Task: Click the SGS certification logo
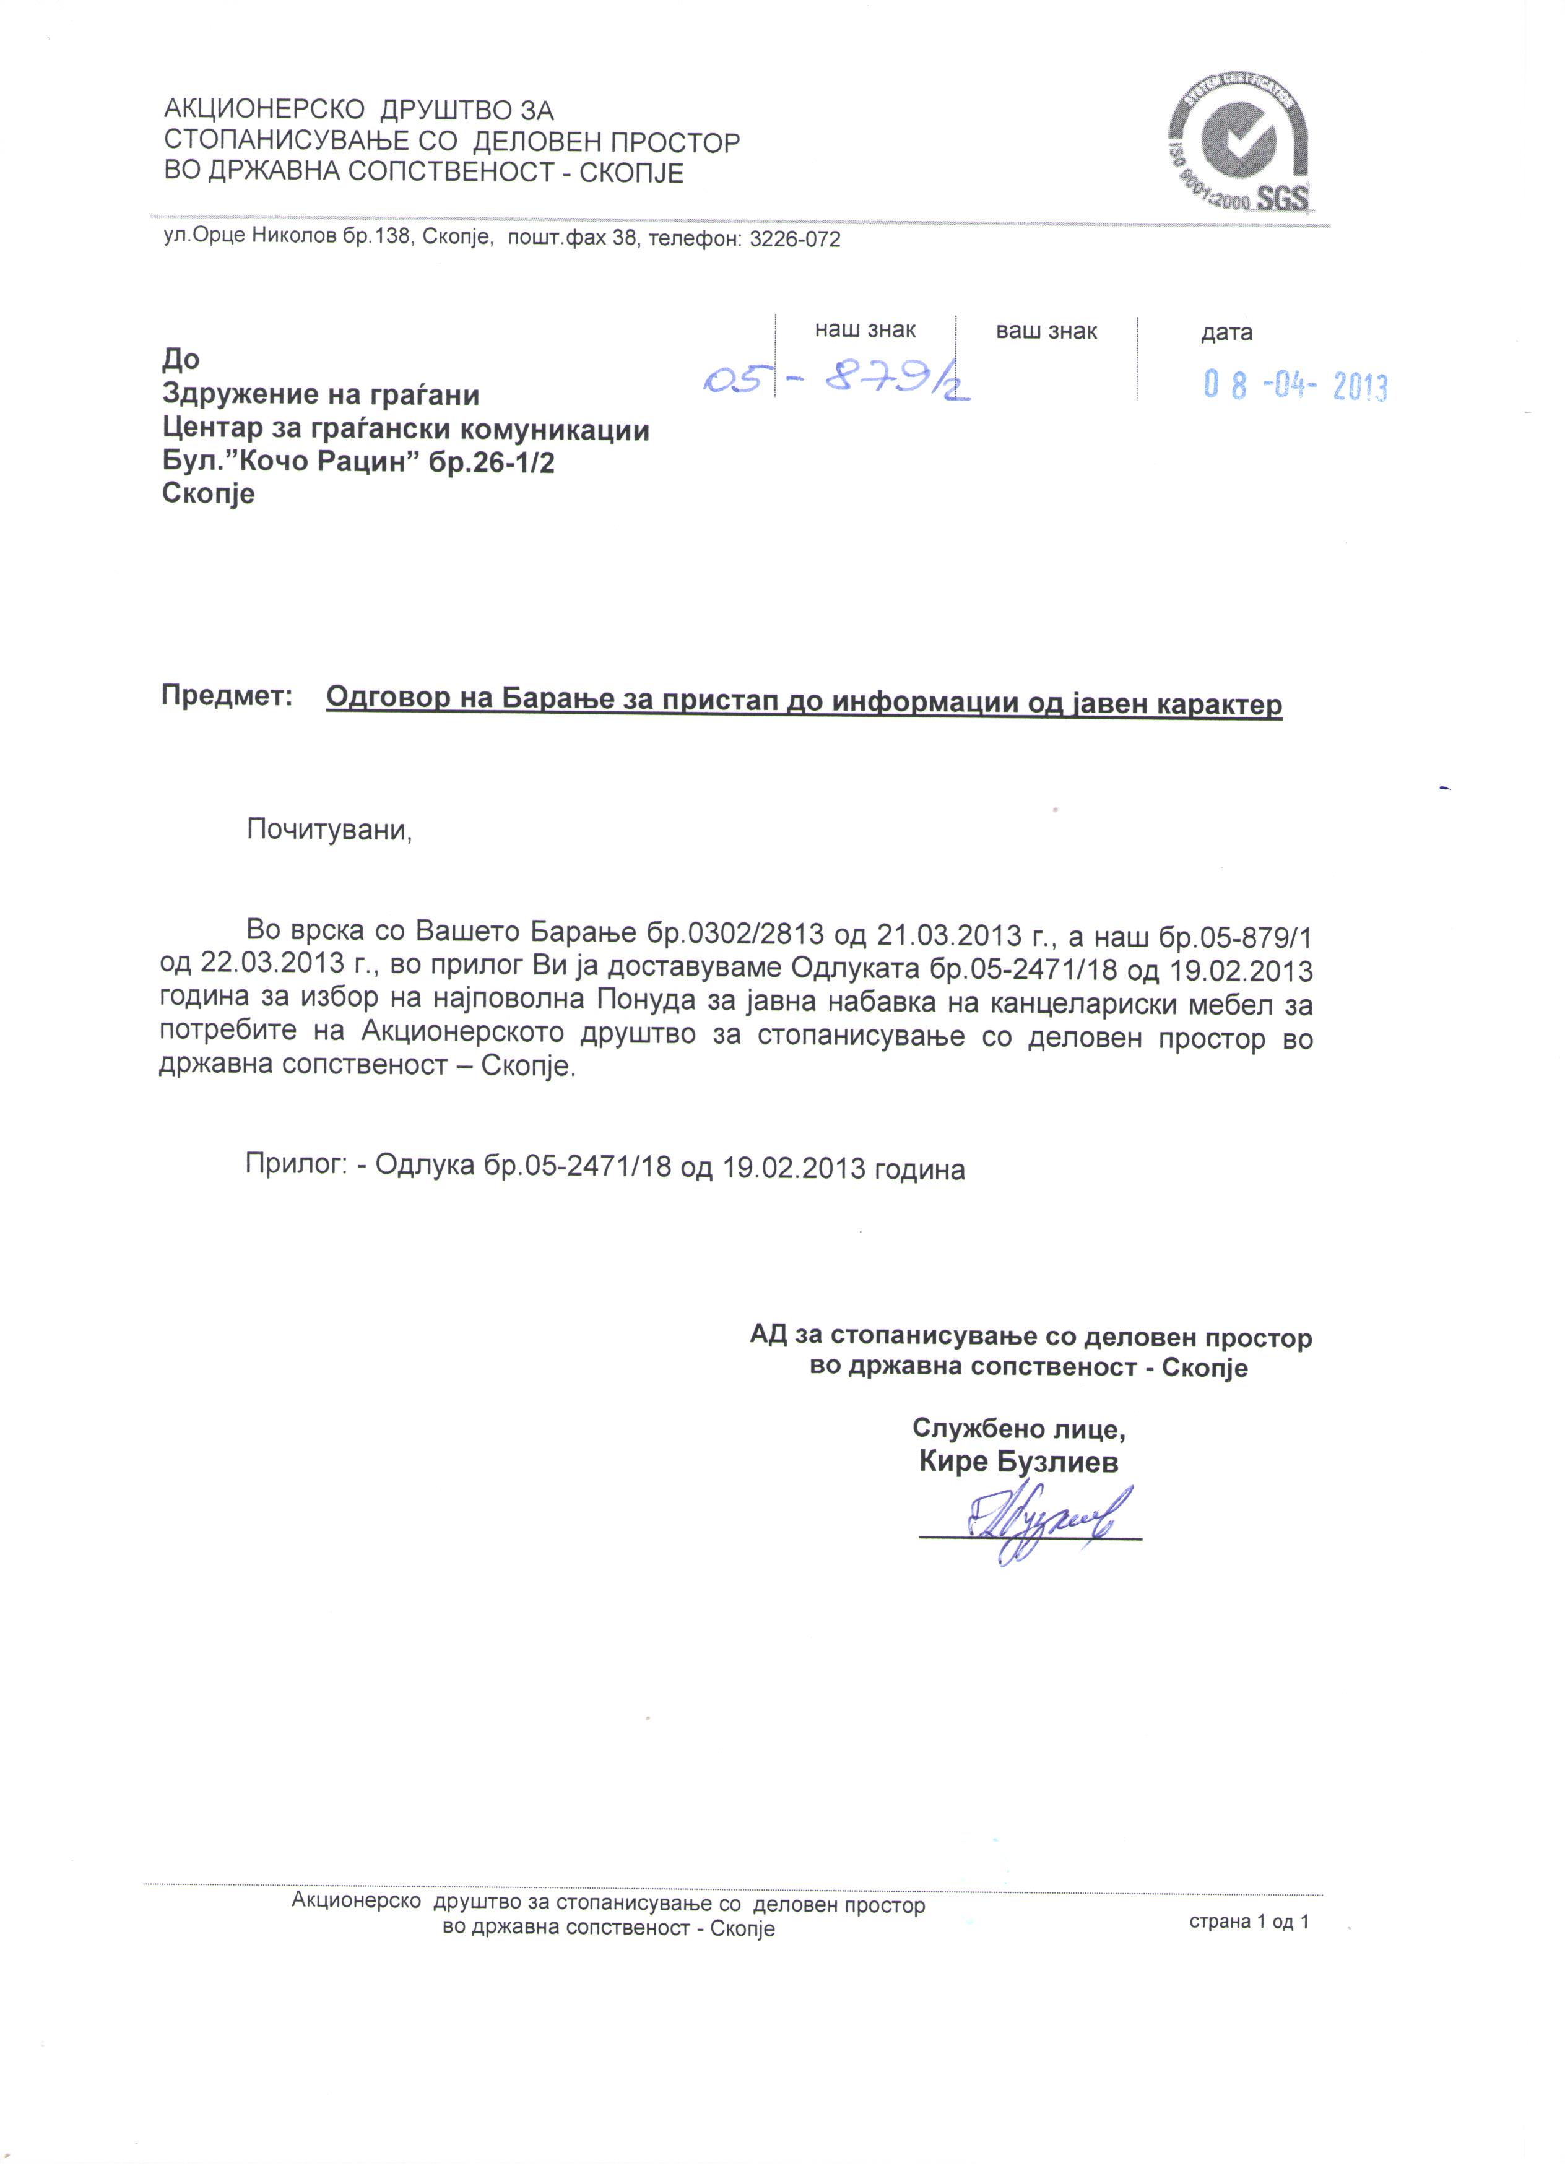pos(1239,149)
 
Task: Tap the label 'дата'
pos(1226,332)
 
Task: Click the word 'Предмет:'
pos(226,695)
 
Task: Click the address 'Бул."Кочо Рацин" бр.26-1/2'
pos(358,462)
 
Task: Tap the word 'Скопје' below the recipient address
pos(209,494)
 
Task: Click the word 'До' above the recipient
pos(181,359)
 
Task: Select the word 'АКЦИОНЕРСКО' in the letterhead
pos(264,110)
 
